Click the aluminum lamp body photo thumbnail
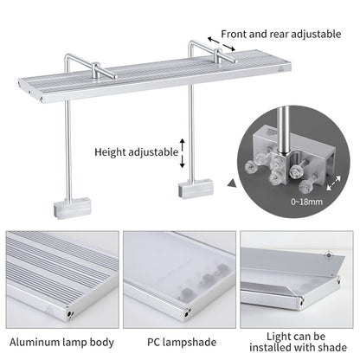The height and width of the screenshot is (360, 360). [x=60, y=270]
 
